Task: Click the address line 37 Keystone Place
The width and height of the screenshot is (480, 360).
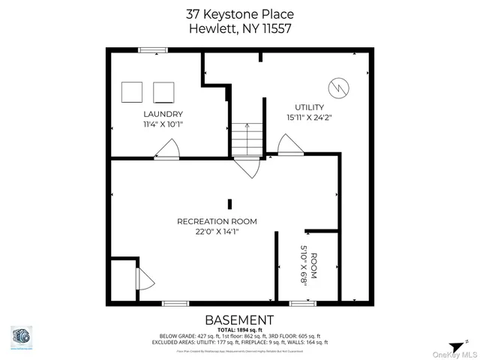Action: pyautogui.click(x=239, y=14)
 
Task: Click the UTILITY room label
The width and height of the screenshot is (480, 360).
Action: pyautogui.click(x=309, y=107)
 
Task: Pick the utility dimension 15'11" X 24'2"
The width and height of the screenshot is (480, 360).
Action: pyautogui.click(x=309, y=118)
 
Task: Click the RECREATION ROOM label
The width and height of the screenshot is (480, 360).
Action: pyautogui.click(x=217, y=221)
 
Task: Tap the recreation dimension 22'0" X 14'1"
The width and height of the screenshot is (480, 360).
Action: pyautogui.click(x=217, y=232)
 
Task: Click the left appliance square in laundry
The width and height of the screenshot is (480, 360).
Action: pyautogui.click(x=133, y=92)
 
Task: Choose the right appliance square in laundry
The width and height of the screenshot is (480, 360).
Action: pyautogui.click(x=163, y=92)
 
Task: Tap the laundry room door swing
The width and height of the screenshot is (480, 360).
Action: pyautogui.click(x=167, y=150)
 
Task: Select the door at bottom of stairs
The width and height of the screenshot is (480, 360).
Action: pyautogui.click(x=248, y=166)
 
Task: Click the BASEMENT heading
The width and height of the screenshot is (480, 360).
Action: pyautogui.click(x=239, y=319)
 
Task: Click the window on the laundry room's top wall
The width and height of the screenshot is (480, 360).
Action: pyautogui.click(x=151, y=50)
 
